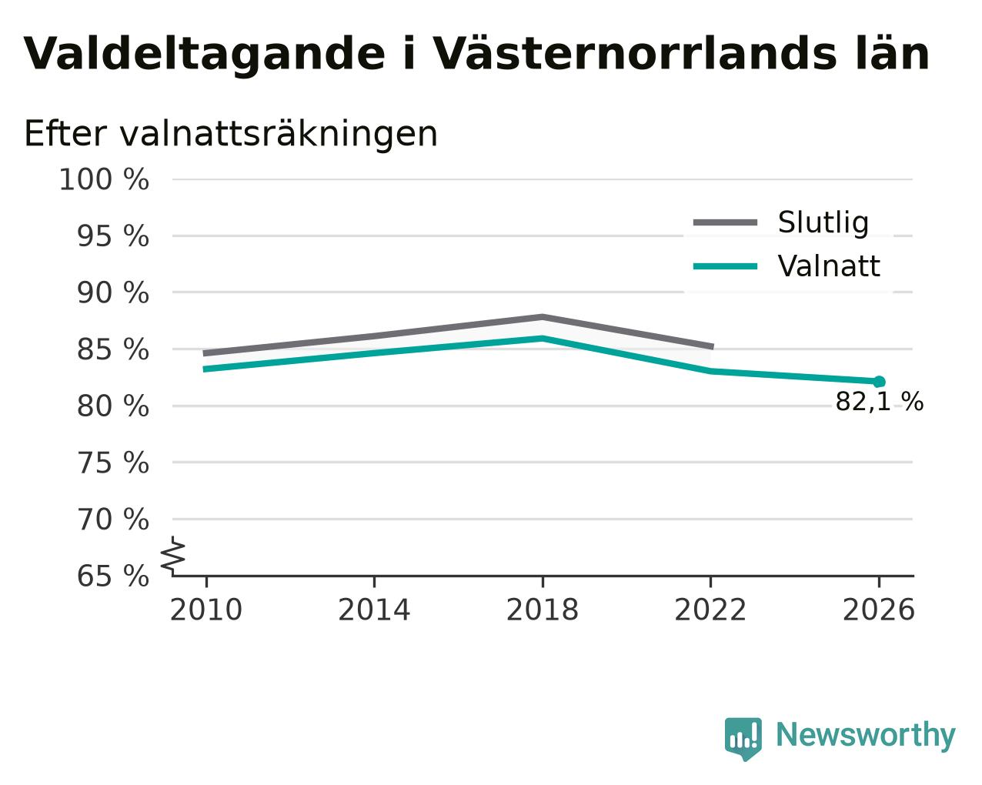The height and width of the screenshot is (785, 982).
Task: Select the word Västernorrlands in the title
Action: click(x=635, y=53)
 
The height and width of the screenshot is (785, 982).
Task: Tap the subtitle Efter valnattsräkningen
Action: click(x=230, y=134)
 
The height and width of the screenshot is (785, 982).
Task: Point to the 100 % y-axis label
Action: click(x=104, y=179)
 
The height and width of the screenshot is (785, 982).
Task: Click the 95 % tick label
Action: click(x=112, y=236)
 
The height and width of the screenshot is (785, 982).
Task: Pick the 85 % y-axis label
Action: click(x=112, y=349)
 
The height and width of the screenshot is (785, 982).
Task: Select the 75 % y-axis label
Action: click(x=112, y=463)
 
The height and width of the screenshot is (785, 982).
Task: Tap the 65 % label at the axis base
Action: click(x=112, y=576)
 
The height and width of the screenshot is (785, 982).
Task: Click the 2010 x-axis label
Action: click(x=205, y=610)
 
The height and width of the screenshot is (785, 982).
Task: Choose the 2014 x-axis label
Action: click(x=374, y=610)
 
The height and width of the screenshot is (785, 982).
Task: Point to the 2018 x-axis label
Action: click(x=543, y=610)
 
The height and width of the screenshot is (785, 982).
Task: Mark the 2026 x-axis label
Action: click(x=878, y=610)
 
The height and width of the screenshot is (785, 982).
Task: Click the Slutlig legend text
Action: click(x=823, y=222)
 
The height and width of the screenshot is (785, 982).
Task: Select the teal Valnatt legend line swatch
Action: click(x=725, y=266)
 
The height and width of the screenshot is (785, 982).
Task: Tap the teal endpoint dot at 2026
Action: click(x=879, y=382)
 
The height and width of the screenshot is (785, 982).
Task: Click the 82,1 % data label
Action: click(x=879, y=402)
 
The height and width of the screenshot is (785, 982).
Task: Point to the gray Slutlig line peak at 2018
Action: click(x=542, y=317)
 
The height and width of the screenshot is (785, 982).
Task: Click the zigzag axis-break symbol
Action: click(x=173, y=555)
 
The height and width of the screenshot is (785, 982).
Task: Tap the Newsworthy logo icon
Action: click(x=743, y=739)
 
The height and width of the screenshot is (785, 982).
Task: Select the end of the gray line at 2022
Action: click(x=712, y=347)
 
